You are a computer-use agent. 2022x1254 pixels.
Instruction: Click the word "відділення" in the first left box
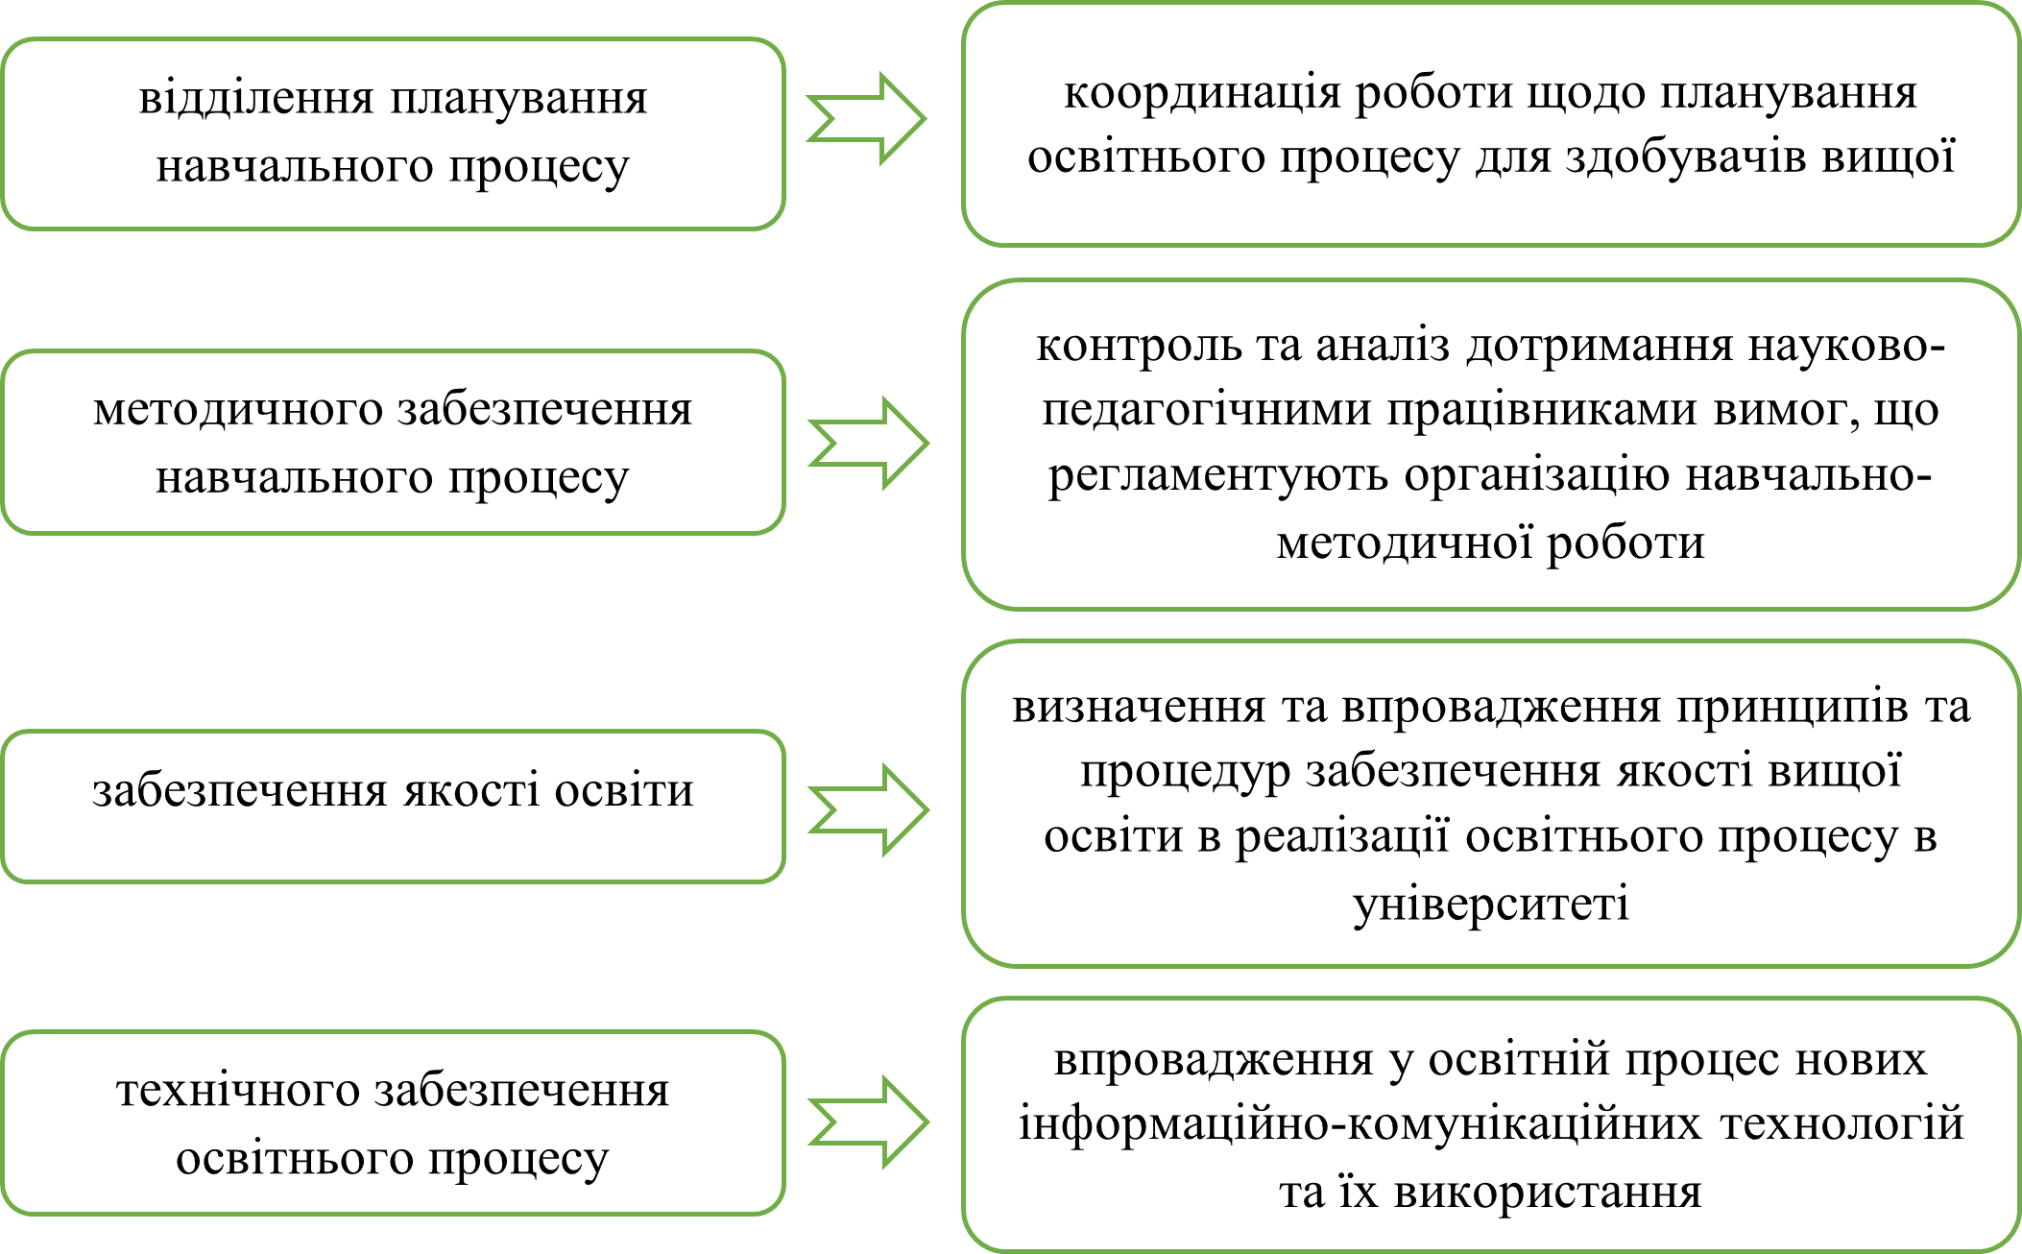tap(255, 99)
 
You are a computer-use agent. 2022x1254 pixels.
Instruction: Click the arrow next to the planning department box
tap(866, 119)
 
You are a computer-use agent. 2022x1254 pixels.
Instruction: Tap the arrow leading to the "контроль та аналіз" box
tap(869, 443)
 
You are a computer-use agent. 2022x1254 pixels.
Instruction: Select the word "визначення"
tap(1139, 708)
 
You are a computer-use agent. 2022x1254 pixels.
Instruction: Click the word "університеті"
tap(1491, 904)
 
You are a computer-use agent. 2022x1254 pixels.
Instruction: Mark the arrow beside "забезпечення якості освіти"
tap(869, 809)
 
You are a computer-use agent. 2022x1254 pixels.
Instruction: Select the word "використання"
tap(1548, 1193)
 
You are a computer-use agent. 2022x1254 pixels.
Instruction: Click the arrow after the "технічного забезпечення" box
tap(869, 1121)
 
